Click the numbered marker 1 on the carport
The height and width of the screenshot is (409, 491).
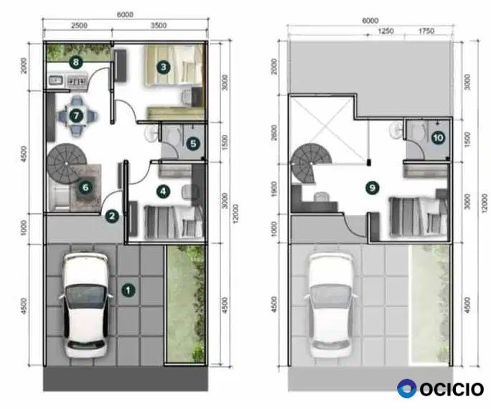click(x=128, y=290)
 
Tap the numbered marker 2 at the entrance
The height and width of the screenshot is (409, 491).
click(x=112, y=216)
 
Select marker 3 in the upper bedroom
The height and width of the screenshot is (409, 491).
click(x=164, y=67)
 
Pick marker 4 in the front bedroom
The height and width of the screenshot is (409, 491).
click(x=163, y=192)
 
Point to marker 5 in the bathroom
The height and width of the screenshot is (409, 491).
click(x=193, y=144)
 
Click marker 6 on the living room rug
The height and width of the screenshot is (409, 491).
click(x=85, y=187)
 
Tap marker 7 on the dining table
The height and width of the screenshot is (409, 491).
click(x=76, y=116)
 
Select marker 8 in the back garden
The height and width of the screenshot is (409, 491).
click(x=76, y=62)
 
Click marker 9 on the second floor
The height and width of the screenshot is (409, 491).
click(x=373, y=188)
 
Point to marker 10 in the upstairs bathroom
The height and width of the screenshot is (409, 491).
click(x=438, y=138)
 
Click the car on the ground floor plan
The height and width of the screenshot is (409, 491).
click(x=85, y=305)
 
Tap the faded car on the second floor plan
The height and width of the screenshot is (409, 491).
click(x=331, y=305)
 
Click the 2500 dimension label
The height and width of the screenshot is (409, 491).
click(x=79, y=25)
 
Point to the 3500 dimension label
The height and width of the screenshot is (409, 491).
click(x=159, y=25)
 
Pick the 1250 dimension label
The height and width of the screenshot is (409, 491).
click(x=385, y=31)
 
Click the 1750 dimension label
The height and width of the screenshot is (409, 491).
click(x=426, y=31)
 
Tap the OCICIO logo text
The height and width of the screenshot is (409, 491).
click(x=452, y=390)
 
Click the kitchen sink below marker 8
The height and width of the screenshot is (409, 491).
click(x=56, y=81)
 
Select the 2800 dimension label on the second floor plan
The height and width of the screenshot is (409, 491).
click(x=274, y=132)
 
